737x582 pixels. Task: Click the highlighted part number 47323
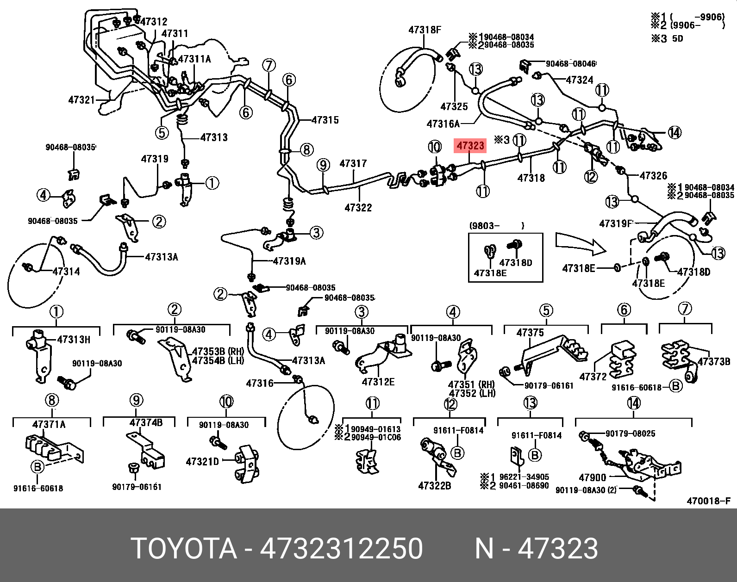[x=470, y=146]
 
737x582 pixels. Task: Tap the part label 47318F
[x=425, y=30]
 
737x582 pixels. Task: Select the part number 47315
[x=325, y=120]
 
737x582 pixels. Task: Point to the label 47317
[x=353, y=164]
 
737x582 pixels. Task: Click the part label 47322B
[x=434, y=486]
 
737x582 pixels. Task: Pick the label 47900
[x=592, y=477]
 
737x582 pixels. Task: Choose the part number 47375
[x=530, y=333]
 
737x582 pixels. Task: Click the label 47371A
[x=49, y=425]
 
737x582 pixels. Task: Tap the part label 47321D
[x=202, y=462]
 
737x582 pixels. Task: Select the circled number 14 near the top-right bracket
[x=675, y=133]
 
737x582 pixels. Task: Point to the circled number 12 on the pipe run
[x=591, y=176]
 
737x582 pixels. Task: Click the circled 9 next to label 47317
[x=323, y=165]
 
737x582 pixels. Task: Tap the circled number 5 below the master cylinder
[x=162, y=133]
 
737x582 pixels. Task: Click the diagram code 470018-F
[x=708, y=501]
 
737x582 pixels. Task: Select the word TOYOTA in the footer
[x=184, y=549]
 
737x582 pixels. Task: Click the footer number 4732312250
[x=341, y=549]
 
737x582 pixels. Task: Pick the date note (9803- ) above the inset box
[x=497, y=226]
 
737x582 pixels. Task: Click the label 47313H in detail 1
[x=74, y=340]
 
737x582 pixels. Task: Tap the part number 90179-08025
[x=630, y=433]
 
